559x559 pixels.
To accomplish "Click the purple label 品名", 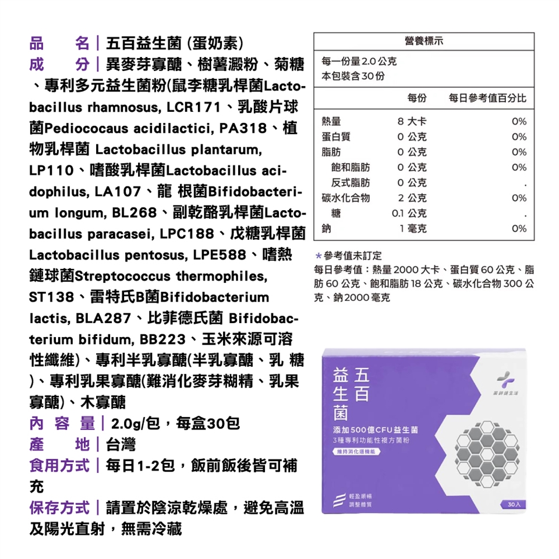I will tap(59, 43).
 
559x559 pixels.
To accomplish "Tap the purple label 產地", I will tap(59, 445).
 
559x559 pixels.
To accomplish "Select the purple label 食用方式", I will tap(59, 466).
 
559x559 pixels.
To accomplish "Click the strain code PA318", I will tap(244, 128).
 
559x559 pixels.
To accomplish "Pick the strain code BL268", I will tap(128, 213).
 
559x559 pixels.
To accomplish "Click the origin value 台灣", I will tap(121, 445).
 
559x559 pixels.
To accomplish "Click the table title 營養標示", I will tap(423, 42).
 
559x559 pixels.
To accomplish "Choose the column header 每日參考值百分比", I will tap(487, 98).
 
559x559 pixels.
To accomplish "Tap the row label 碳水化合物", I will tap(346, 198).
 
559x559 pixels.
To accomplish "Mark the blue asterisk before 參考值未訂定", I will tap(319, 256).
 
